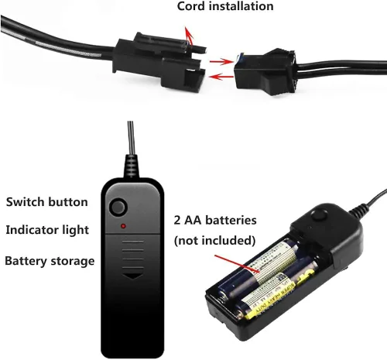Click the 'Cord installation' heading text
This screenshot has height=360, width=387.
(225, 6)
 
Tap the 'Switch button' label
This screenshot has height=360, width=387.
(47, 202)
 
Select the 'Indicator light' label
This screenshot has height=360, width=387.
(47, 230)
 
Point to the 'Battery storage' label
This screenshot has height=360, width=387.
(50, 261)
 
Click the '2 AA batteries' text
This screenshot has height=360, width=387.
(215, 220)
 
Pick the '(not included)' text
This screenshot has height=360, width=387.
(215, 241)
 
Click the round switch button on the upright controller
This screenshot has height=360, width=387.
(118, 207)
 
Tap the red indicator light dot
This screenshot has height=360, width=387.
(124, 226)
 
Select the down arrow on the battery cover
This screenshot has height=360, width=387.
(132, 276)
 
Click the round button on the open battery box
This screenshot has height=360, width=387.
(319, 215)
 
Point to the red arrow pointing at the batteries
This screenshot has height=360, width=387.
(237, 263)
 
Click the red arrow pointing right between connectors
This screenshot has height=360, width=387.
(221, 62)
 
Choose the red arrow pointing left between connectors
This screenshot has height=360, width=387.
(221, 77)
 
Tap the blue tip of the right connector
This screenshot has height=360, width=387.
(241, 57)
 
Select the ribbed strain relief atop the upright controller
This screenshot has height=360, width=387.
(132, 166)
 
